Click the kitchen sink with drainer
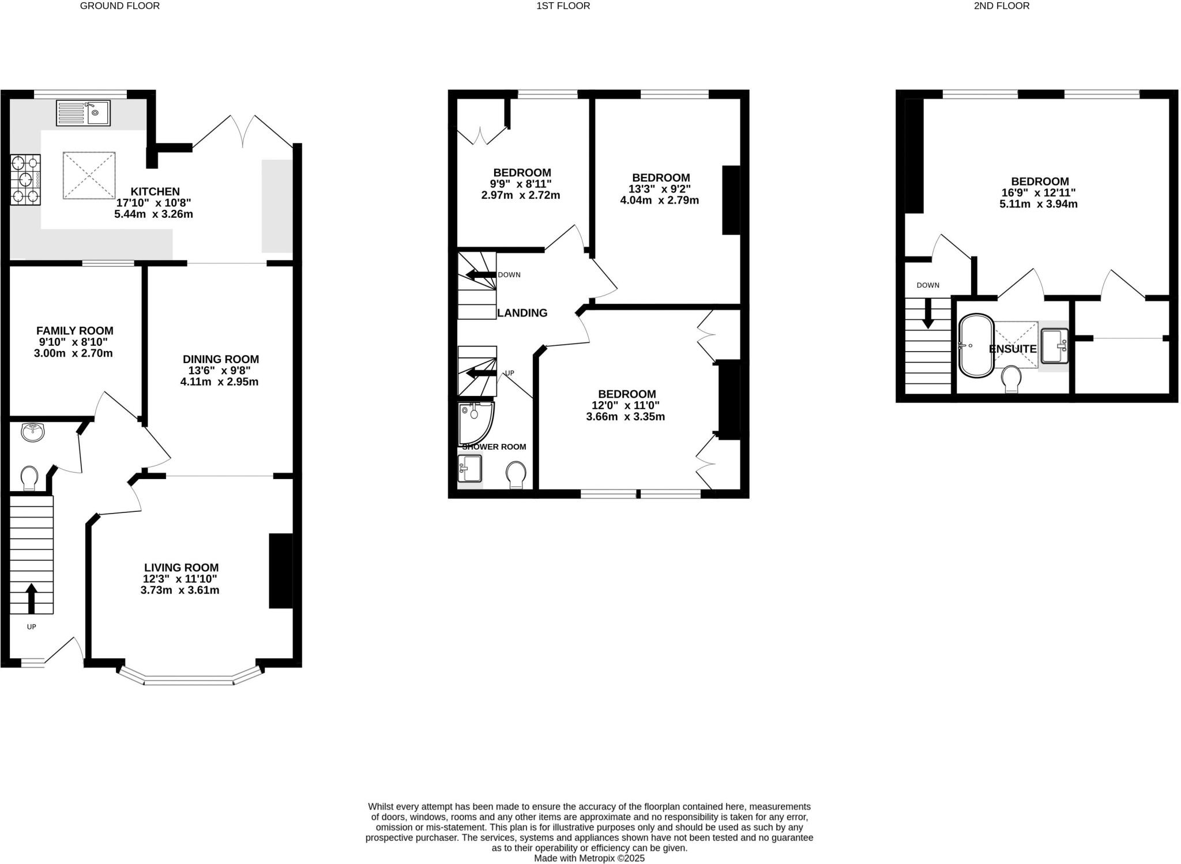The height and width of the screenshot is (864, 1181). tap(83, 112)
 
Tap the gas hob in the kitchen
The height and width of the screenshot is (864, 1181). tap(25, 179)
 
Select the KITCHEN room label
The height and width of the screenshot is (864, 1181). tap(155, 191)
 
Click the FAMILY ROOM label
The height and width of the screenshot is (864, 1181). tap(74, 331)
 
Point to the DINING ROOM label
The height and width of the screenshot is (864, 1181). tap(220, 359)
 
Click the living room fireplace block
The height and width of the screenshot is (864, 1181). tap(281, 571)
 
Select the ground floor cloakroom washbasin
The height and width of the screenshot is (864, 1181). tap(32, 432)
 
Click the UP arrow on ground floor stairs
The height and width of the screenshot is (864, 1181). tap(32, 597)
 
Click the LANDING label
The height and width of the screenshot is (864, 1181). tap(522, 313)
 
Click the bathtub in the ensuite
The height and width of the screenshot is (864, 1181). tap(976, 346)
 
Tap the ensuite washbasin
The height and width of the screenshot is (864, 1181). tap(1054, 346)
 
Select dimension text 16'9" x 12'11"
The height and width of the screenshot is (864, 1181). tap(1039, 193)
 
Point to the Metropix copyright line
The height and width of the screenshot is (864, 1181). tap(589, 858)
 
